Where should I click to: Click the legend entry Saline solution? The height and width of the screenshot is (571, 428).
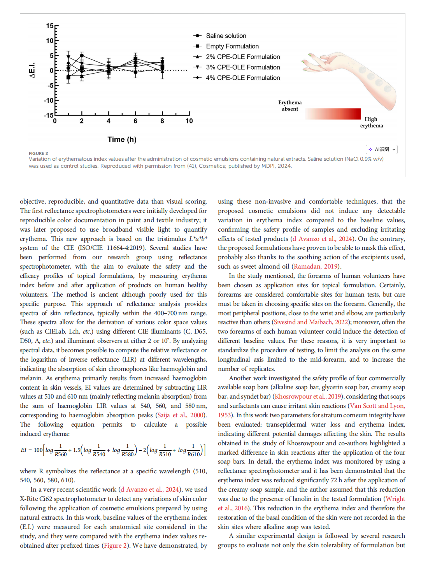pyautogui.click(x=226, y=36)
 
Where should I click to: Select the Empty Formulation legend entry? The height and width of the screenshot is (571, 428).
pyautogui.click(x=232, y=46)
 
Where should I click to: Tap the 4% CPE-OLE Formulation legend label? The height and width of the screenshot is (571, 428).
pyautogui.click(x=243, y=78)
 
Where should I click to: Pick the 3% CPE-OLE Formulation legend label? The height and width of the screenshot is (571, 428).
pyautogui.click(x=243, y=67)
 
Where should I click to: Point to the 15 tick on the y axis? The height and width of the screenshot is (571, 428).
pyautogui.click(x=50, y=26)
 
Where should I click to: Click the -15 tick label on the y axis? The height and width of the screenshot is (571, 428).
pyautogui.click(x=49, y=115)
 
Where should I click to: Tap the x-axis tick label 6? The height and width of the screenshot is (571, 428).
pyautogui.click(x=135, y=121)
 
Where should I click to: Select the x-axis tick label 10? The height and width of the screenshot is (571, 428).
pyautogui.click(x=189, y=121)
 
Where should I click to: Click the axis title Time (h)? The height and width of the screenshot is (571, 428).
pyautogui.click(x=122, y=139)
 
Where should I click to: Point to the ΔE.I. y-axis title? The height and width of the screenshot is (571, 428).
pyautogui.click(x=32, y=70)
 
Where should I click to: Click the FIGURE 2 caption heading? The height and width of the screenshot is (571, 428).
pyautogui.click(x=38, y=153)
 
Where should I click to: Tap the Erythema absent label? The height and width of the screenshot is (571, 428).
pyautogui.click(x=290, y=106)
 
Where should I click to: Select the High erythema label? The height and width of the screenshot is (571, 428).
pyautogui.click(x=371, y=122)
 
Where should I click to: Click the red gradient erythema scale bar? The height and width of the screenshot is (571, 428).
pyautogui.click(x=333, y=114)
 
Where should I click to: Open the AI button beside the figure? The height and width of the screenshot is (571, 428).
pyautogui.click(x=381, y=149)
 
